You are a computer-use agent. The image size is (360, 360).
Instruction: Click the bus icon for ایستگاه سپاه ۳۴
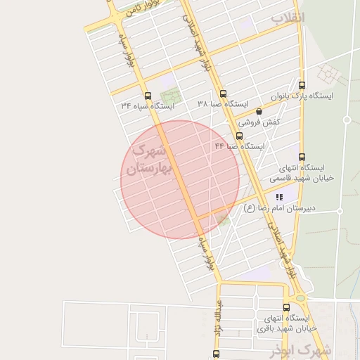(x=147, y=96)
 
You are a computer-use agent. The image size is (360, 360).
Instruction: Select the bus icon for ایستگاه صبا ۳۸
(x=223, y=94)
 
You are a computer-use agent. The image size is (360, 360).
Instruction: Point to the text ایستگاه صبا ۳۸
(x=223, y=104)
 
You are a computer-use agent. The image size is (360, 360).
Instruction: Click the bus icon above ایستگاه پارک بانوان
(x=302, y=84)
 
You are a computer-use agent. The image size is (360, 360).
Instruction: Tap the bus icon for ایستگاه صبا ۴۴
(x=240, y=136)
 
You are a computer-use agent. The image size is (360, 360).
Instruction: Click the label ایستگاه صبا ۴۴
(x=239, y=146)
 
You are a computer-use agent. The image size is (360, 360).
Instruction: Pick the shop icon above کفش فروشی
(x=259, y=111)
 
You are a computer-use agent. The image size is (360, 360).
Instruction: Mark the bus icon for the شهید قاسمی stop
(x=302, y=157)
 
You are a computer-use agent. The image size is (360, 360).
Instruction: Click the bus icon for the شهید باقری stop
(x=285, y=307)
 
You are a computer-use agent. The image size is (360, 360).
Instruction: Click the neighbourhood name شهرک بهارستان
(x=150, y=160)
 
